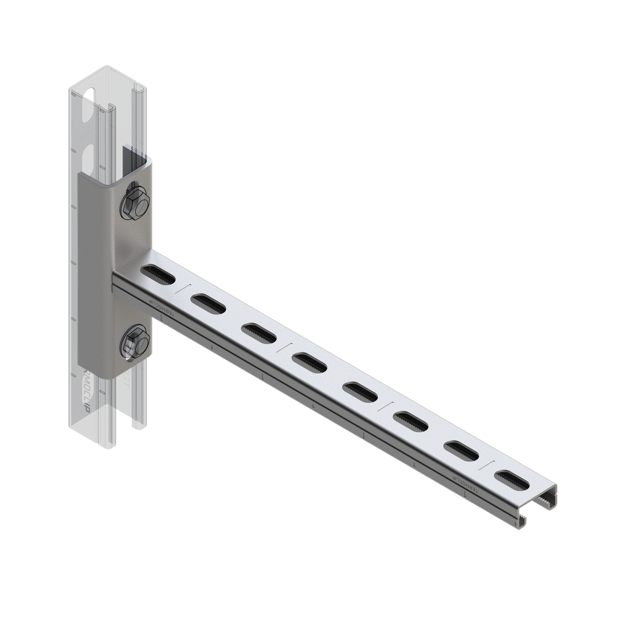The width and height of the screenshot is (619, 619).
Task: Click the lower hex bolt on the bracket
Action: pyautogui.click(x=132, y=342)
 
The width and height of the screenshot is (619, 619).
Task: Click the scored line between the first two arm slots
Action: pyautogui.click(x=181, y=287)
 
